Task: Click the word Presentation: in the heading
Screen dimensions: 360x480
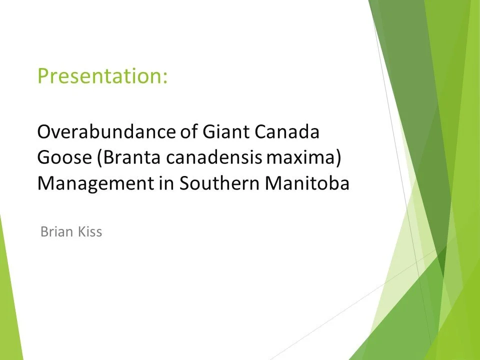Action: pyautogui.click(x=102, y=76)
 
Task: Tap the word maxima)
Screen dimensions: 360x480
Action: pyautogui.click(x=304, y=158)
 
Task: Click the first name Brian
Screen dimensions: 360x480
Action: pyautogui.click(x=55, y=232)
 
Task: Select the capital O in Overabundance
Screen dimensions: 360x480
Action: pyautogui.click(x=45, y=132)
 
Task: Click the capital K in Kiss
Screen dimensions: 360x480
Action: pyautogui.click(x=80, y=232)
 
